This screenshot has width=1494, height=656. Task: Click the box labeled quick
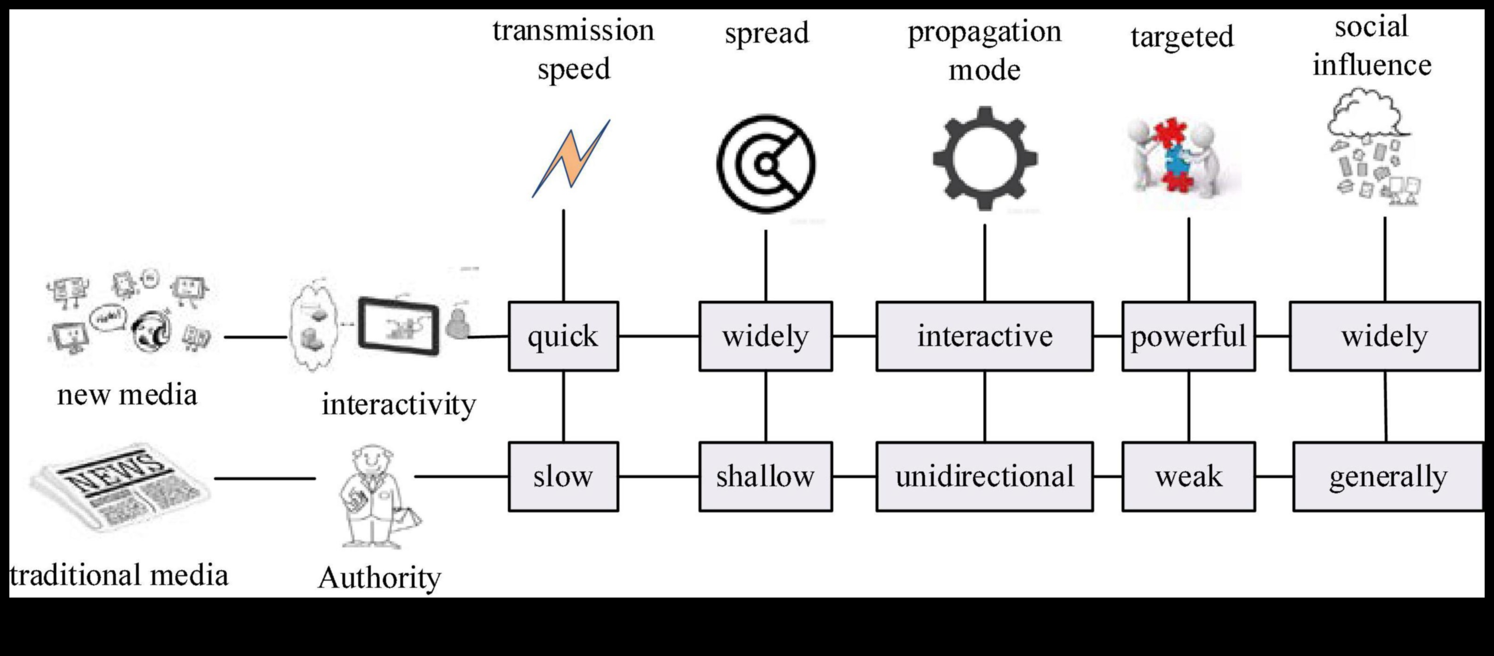click(x=563, y=336)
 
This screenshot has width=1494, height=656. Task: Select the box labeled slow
click(x=563, y=476)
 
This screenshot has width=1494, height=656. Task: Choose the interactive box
click(x=984, y=336)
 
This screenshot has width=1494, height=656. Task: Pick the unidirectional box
click(x=984, y=476)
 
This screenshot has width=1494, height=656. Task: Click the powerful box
click(x=1188, y=336)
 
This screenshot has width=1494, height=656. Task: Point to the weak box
click(x=1188, y=476)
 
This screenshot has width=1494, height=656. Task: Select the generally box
click(x=1387, y=476)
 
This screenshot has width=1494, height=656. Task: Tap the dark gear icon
click(x=985, y=158)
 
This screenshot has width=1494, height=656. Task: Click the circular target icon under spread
click(x=766, y=164)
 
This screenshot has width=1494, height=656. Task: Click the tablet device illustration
click(x=399, y=326)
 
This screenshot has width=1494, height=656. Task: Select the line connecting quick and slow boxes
click(x=563, y=406)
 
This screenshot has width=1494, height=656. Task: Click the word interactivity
click(x=399, y=404)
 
